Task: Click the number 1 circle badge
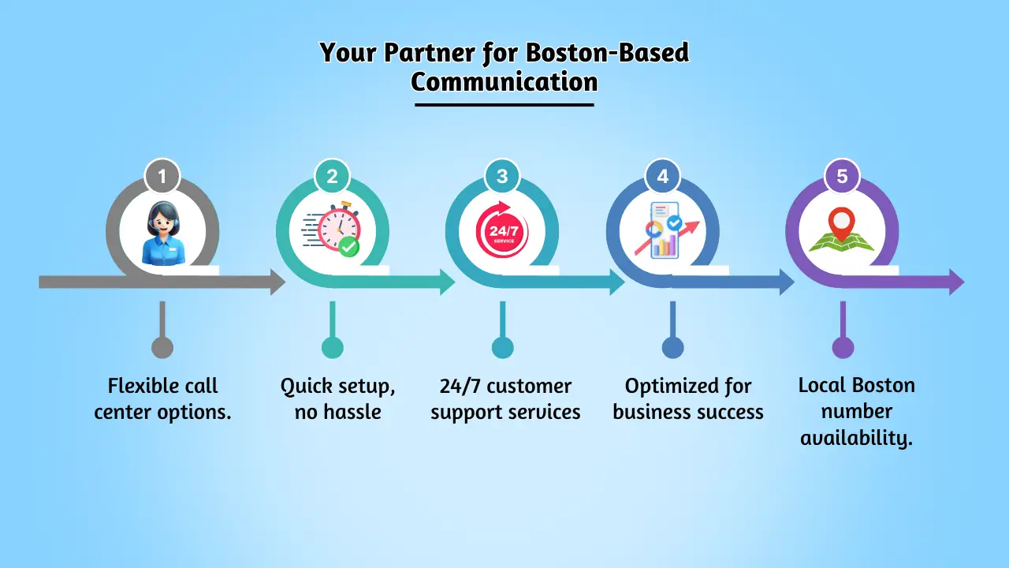[162, 177]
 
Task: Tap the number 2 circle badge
[332, 177]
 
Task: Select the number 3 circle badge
[502, 177]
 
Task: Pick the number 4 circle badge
[662, 177]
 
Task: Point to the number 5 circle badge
[842, 177]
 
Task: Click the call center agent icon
[162, 233]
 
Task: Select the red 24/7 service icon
[502, 233]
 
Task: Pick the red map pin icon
[842, 223]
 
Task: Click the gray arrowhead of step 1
[277, 282]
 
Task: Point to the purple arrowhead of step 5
[956, 282]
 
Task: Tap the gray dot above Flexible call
[162, 347]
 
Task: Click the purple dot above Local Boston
[843, 347]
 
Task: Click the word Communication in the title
[504, 81]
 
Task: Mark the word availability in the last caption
[857, 437]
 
